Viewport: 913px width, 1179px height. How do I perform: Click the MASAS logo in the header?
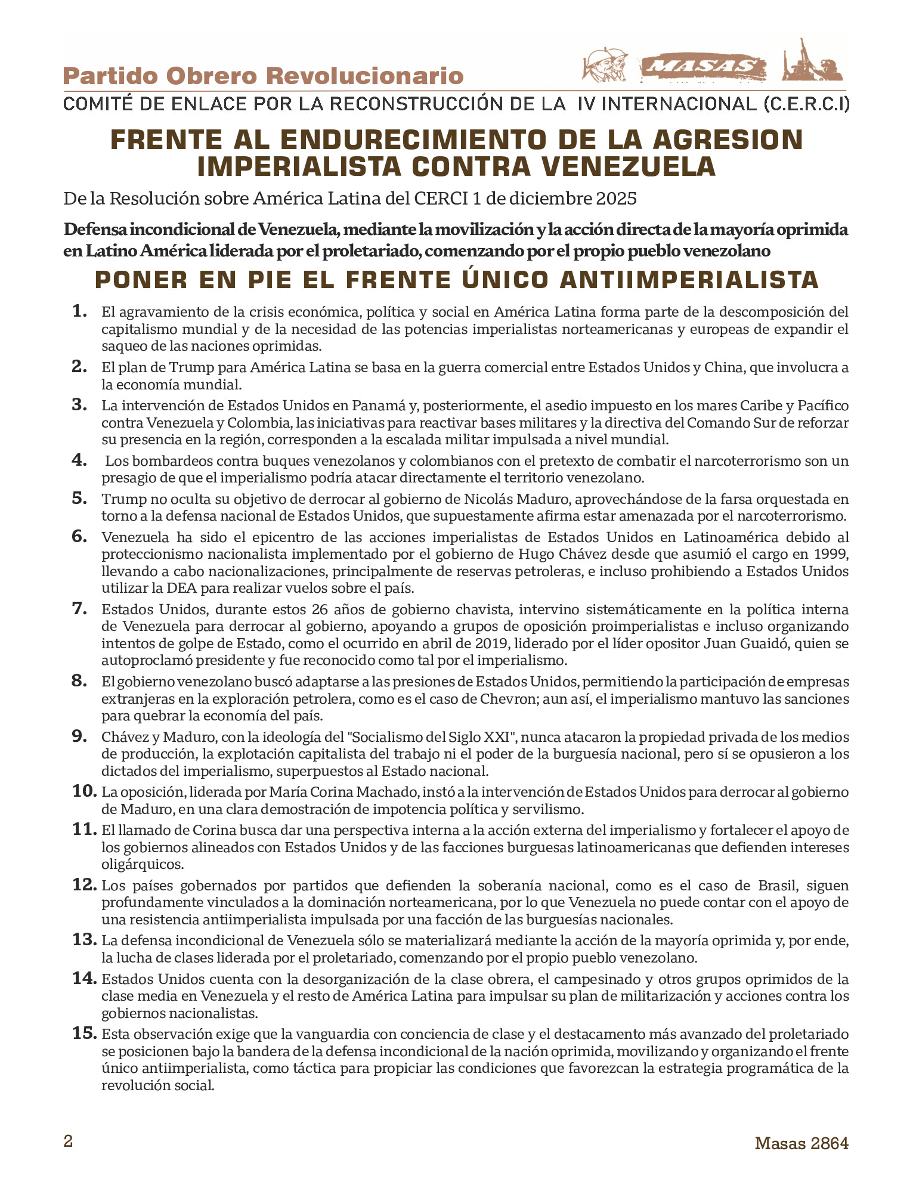click(704, 67)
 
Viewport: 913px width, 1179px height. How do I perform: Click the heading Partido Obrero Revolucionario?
click(263, 76)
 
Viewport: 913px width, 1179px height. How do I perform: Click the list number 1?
click(79, 311)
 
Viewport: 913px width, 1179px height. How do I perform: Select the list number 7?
click(79, 608)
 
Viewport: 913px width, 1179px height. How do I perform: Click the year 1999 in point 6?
click(831, 554)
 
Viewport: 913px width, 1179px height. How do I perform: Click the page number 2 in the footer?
click(68, 1141)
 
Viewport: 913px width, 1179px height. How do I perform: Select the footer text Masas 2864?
click(801, 1143)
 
